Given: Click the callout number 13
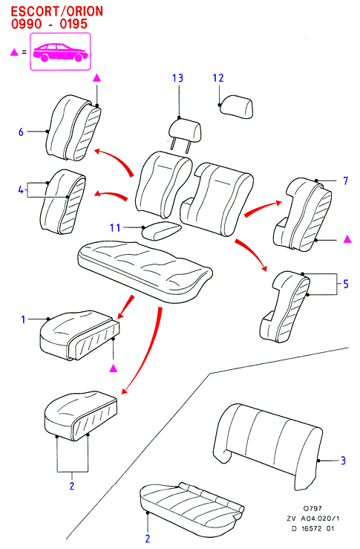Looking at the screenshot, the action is coord(177,78).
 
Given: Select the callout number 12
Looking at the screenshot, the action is coord(218,78).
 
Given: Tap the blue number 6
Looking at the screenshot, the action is coord(21,132).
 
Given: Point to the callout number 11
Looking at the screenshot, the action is coord(115,228).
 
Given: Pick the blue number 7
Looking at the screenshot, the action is coord(346,181).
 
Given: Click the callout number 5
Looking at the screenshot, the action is coord(346,284).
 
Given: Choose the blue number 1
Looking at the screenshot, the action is coord(24,319).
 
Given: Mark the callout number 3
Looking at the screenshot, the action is coord(343,461).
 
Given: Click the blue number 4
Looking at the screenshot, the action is coord(21,190).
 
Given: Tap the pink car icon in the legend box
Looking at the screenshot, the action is coord(60,53).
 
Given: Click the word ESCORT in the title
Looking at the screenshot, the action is coord(35,12).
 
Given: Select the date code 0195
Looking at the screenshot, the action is coord(73,24).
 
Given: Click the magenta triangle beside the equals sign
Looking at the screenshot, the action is coord(14,52).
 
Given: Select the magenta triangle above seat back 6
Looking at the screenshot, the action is coord(97,78).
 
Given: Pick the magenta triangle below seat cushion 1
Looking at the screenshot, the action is coord(113,368).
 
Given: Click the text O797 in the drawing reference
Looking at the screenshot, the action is coord(312,508).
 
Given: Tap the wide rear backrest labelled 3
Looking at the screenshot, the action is coord(268,445).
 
